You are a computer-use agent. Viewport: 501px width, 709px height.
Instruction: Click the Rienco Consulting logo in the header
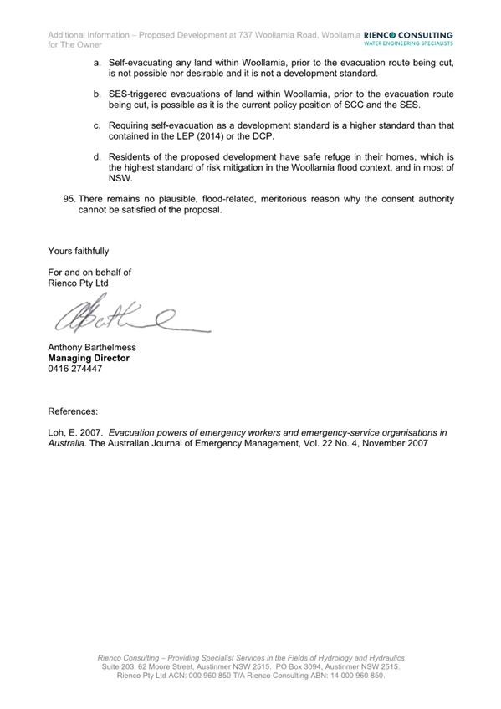click(x=409, y=38)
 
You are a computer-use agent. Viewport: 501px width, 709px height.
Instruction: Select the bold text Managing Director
click(x=89, y=358)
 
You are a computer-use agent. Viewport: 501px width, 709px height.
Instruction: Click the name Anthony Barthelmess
click(x=92, y=347)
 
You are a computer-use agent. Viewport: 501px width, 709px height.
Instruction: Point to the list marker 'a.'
click(x=98, y=64)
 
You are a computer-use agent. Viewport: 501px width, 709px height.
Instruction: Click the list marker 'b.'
click(x=98, y=95)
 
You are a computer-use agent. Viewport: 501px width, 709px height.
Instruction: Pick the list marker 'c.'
click(x=98, y=125)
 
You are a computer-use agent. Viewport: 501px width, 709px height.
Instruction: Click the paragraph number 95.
click(x=69, y=199)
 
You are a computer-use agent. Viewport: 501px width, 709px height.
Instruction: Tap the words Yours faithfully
click(x=79, y=251)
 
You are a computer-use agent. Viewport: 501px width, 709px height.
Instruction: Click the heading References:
click(x=73, y=411)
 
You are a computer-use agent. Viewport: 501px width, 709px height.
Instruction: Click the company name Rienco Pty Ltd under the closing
click(x=79, y=283)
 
